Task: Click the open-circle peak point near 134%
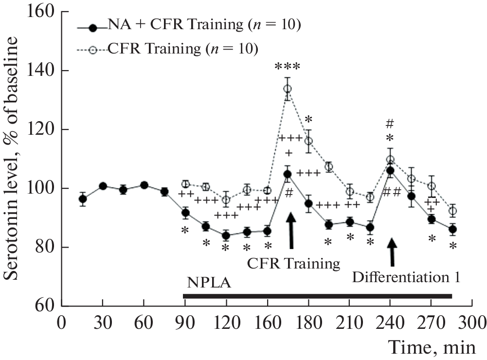(x=288, y=89)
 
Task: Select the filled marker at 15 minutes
(x=83, y=199)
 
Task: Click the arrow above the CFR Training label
(x=291, y=232)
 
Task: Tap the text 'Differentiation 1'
(x=406, y=278)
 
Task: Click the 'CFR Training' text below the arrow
(x=293, y=264)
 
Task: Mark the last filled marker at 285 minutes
(x=453, y=230)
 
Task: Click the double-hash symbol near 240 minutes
(x=392, y=193)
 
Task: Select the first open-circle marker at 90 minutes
(x=185, y=184)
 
